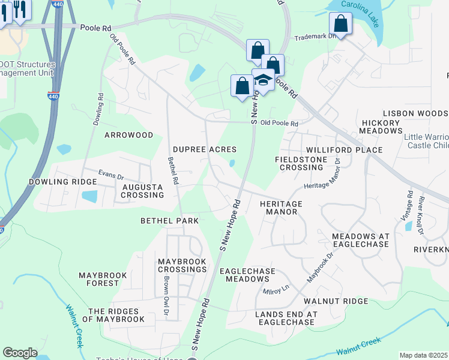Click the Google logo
tap(20, 353)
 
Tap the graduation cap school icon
tap(263, 79)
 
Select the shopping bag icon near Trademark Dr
tap(340, 24)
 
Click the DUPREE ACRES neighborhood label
tap(204, 149)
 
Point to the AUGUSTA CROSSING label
tap(142, 191)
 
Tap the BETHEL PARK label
tap(169, 221)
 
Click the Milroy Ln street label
tap(276, 290)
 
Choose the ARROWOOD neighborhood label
tap(129, 135)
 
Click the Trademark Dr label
tap(313, 37)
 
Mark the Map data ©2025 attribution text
tap(423, 355)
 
